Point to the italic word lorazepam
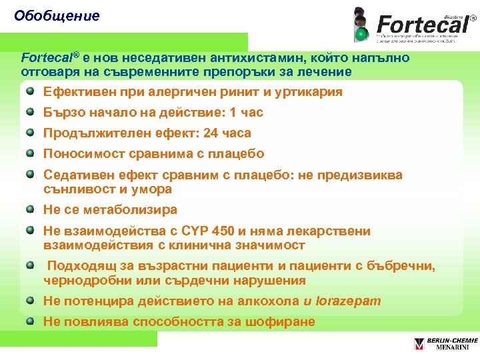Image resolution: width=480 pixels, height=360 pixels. coord(347,301)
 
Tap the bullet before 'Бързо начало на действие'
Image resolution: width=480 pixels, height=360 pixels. coord(30,112)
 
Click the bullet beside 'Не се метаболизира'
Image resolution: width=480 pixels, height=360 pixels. coord(30,209)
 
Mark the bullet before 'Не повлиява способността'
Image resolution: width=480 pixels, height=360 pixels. coord(30,321)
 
